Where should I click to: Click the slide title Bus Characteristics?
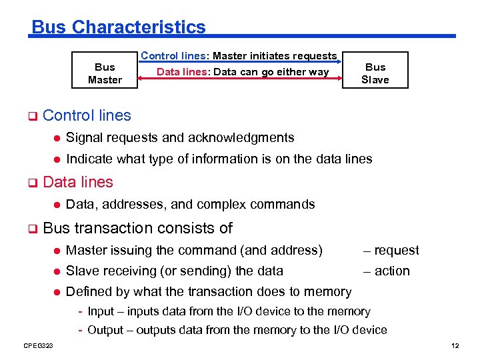pyautogui.click(x=119, y=27)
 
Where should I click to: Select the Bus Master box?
pyautogui.click(x=105, y=73)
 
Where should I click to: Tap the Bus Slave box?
pyautogui.click(x=375, y=73)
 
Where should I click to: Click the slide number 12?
pyautogui.click(x=455, y=345)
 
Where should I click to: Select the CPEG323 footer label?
pyautogui.click(x=38, y=345)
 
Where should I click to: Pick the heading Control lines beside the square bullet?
pyautogui.click(x=87, y=115)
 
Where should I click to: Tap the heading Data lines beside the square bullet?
pyautogui.click(x=78, y=182)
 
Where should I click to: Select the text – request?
pyautogui.click(x=391, y=250)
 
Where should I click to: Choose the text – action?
pyautogui.click(x=386, y=271)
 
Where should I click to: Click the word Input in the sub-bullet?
pyautogui.click(x=101, y=311)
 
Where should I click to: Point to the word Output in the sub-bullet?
pyautogui.click(x=105, y=330)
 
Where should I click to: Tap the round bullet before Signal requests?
pyautogui.click(x=57, y=138)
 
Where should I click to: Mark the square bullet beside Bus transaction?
pyautogui.click(x=31, y=229)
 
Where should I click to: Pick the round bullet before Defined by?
pyautogui.click(x=57, y=291)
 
